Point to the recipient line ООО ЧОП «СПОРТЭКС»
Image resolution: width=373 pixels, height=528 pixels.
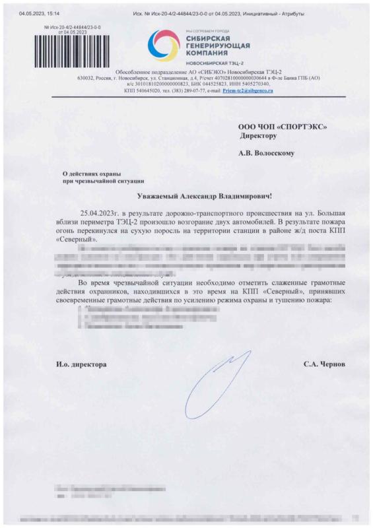tap(282, 126)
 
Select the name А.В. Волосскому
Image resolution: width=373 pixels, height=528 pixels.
tap(267, 153)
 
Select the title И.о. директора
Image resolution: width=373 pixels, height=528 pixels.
tap(81, 364)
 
